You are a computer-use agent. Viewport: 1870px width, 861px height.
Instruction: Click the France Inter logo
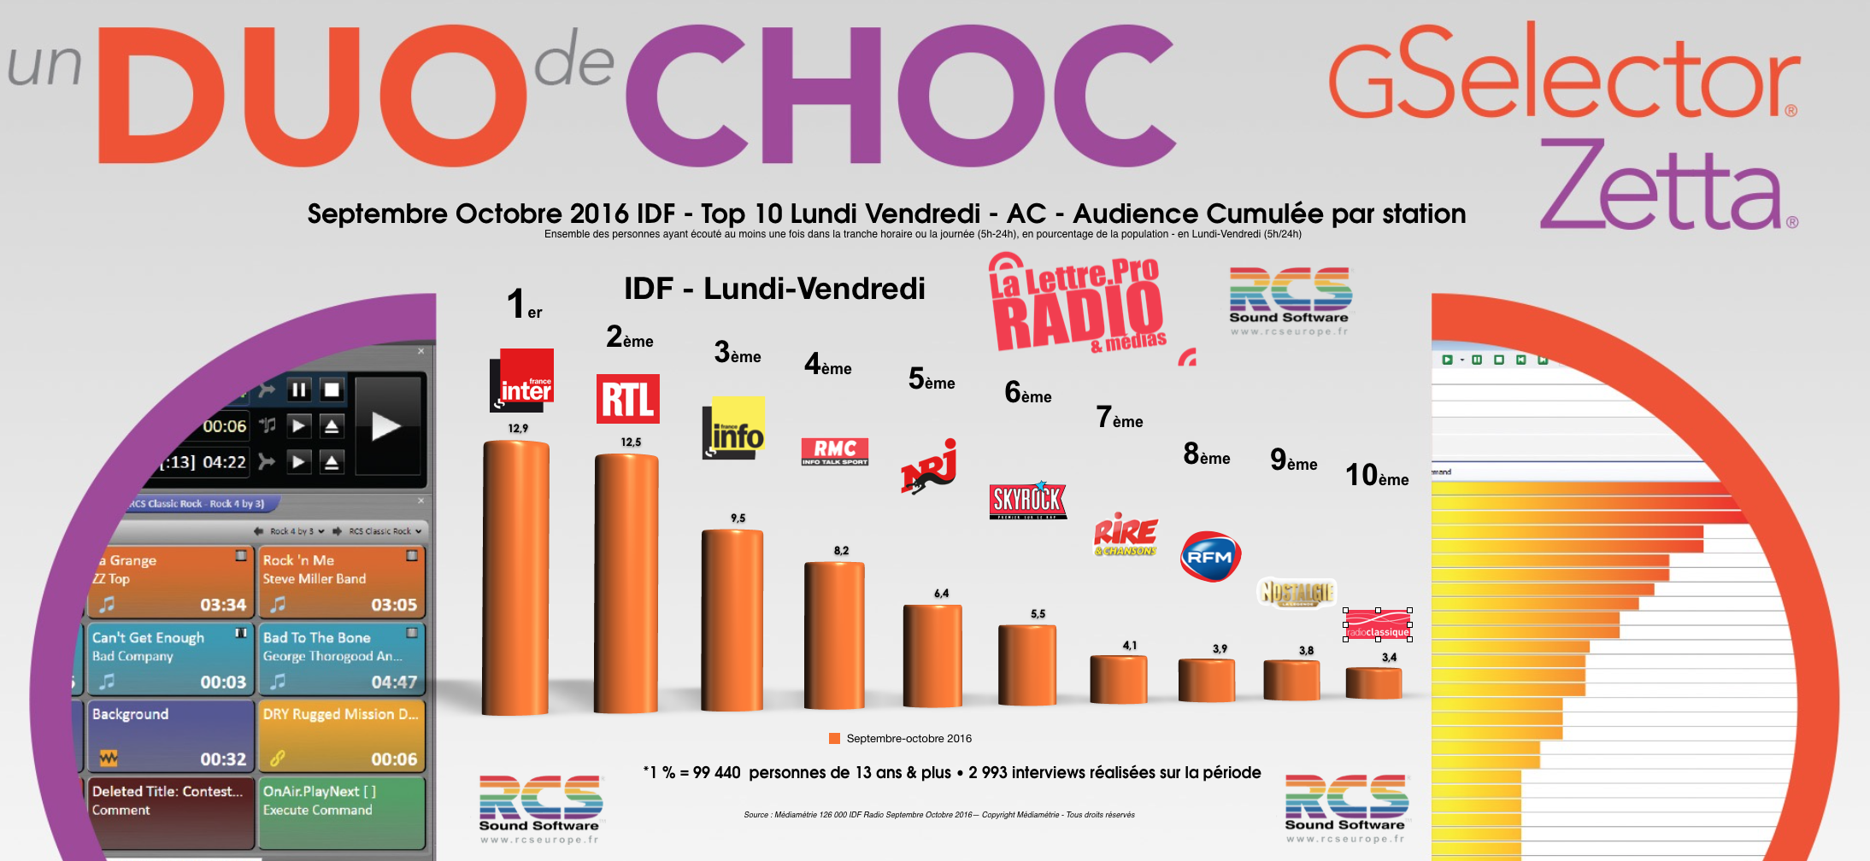pyautogui.click(x=522, y=379)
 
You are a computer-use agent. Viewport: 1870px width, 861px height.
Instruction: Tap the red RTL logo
pyautogui.click(x=627, y=399)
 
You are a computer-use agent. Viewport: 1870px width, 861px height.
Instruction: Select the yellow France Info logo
pyautogui.click(x=733, y=427)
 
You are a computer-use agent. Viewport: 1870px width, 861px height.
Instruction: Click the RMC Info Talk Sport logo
pyautogui.click(x=835, y=451)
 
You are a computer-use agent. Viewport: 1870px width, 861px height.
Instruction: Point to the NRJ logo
pyautogui.click(x=929, y=467)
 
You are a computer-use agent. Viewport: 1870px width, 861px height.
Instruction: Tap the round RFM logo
pyautogui.click(x=1210, y=556)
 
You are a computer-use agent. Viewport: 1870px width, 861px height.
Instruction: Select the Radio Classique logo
pyautogui.click(x=1378, y=624)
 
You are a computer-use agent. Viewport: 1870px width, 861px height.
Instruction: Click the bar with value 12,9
pyautogui.click(x=516, y=577)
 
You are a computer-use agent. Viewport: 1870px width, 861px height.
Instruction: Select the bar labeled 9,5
pyautogui.click(x=732, y=619)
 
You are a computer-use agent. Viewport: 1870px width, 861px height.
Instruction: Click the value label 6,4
pyautogui.click(x=941, y=594)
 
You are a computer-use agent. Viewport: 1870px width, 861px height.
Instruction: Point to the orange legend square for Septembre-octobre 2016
pyautogui.click(x=834, y=739)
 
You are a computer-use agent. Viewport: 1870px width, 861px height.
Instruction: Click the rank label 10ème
pyautogui.click(x=1377, y=476)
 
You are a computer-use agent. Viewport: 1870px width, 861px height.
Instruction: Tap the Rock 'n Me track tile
pyautogui.click(x=342, y=582)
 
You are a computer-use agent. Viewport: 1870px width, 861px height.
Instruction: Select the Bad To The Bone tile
pyautogui.click(x=342, y=659)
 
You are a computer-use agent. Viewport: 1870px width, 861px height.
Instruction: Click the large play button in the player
pyautogui.click(x=386, y=425)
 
